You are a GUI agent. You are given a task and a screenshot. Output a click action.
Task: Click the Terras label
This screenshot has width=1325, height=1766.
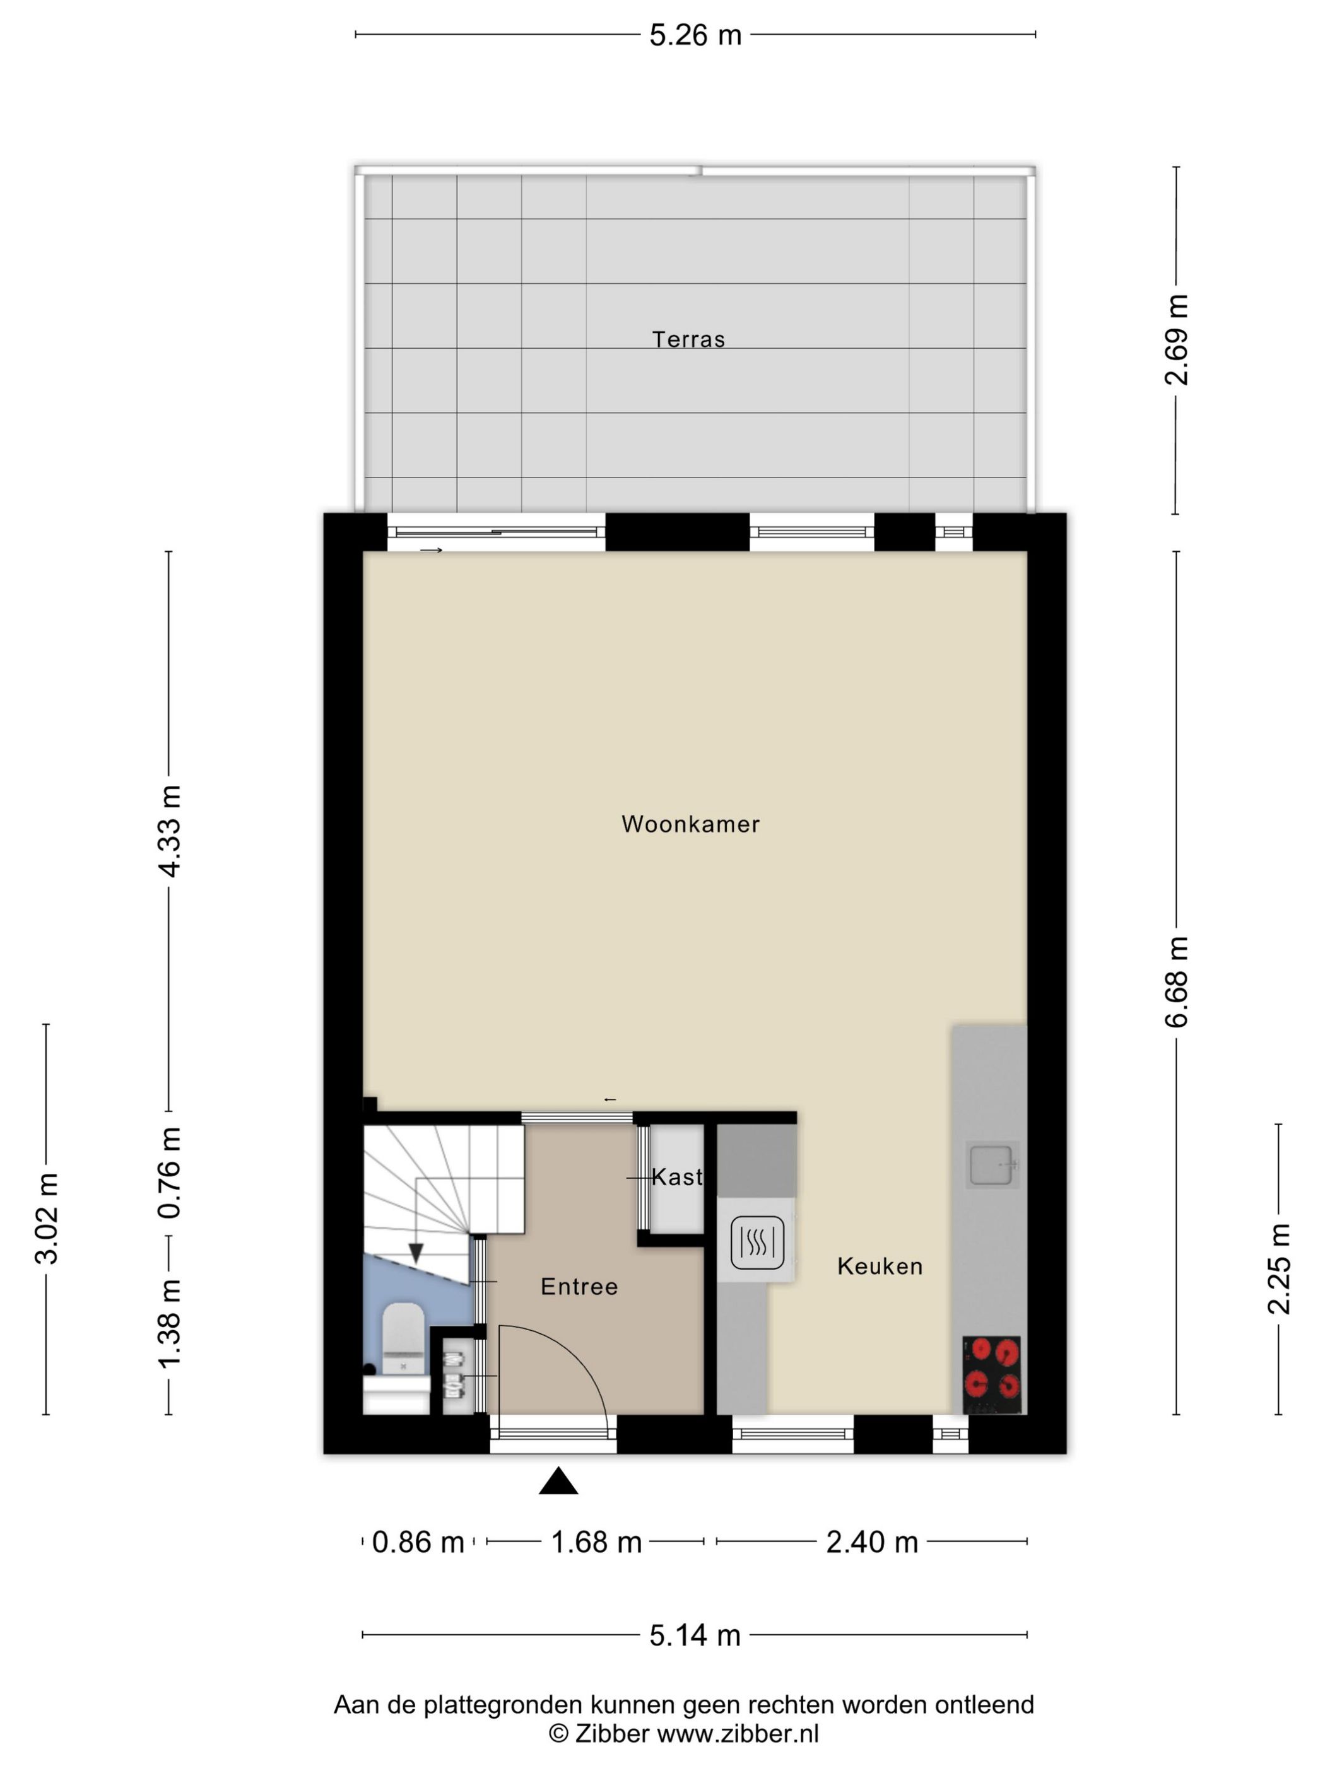pos(688,339)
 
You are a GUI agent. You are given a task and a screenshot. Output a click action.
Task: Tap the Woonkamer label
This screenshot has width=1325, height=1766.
pos(690,824)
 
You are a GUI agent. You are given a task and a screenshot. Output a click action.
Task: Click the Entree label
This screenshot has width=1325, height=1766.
pos(579,1286)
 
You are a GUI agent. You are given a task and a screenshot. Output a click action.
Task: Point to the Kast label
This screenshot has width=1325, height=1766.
pos(676,1177)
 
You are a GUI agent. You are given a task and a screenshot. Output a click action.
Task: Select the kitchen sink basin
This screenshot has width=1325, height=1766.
pos(991,1165)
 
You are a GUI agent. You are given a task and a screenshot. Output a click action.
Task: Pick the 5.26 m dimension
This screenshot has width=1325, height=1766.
pos(695,36)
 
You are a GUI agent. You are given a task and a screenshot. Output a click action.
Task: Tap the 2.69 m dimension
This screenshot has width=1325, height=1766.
pos(1175,340)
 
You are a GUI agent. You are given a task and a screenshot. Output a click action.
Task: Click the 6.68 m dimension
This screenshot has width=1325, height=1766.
pos(1175,982)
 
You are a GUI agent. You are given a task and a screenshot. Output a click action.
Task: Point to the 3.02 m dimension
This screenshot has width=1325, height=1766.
pos(46,1219)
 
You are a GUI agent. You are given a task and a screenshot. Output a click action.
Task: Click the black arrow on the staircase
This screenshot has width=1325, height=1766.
pos(415,1253)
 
